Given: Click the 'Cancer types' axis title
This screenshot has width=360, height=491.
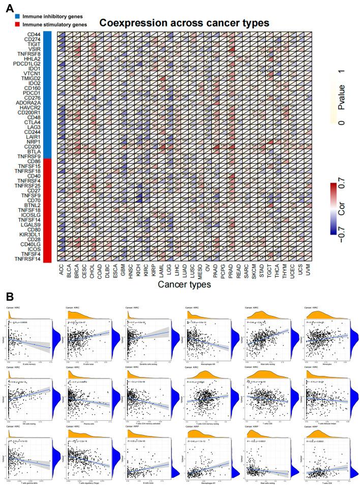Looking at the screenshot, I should coord(185,285).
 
